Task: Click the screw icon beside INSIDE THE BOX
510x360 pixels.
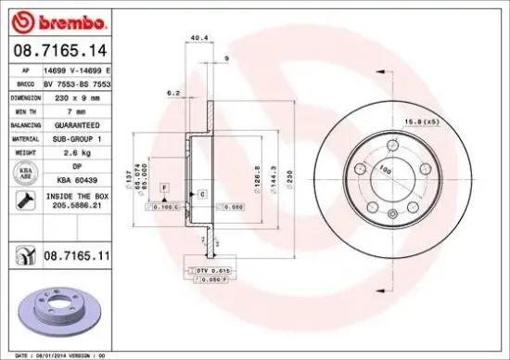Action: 20,201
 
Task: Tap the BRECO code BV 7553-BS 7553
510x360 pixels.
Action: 83,83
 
